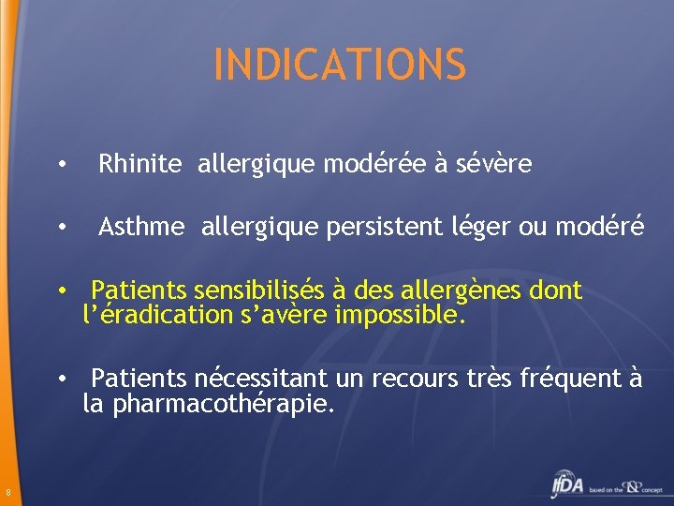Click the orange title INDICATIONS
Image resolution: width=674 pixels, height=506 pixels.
pyautogui.click(x=339, y=64)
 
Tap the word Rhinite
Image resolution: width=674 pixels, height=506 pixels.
pyautogui.click(x=140, y=165)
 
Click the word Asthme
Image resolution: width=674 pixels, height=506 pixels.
pyautogui.click(x=142, y=227)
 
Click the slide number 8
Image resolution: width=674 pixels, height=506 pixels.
pyautogui.click(x=7, y=494)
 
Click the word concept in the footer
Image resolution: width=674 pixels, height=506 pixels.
pyautogui.click(x=652, y=489)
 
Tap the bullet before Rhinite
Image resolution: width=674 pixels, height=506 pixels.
pyautogui.click(x=60, y=166)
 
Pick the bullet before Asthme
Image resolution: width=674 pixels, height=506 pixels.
pyautogui.click(x=60, y=228)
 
